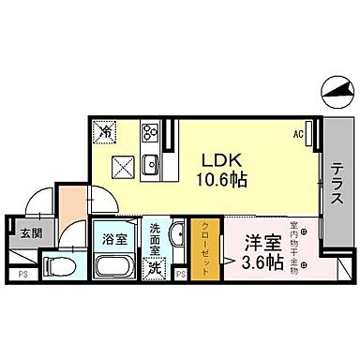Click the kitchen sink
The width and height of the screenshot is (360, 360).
150,170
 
